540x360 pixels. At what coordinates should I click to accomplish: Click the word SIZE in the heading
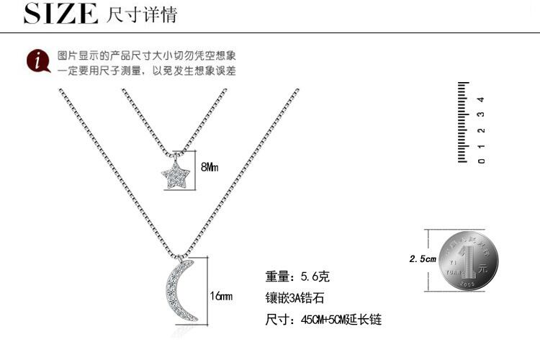click(60, 14)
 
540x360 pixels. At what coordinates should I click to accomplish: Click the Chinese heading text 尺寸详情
click(141, 14)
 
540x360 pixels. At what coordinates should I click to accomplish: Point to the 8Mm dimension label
click(209, 167)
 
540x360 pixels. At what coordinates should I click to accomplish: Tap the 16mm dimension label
click(220, 296)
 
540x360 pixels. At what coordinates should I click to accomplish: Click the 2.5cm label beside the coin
click(423, 258)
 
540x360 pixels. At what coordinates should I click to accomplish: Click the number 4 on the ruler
click(482, 99)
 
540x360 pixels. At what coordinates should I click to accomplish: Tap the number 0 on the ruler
click(482, 160)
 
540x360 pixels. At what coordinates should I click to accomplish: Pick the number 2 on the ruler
click(482, 130)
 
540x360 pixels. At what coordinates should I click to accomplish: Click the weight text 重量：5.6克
click(297, 276)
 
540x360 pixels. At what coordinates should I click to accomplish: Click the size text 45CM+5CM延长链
click(323, 319)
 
